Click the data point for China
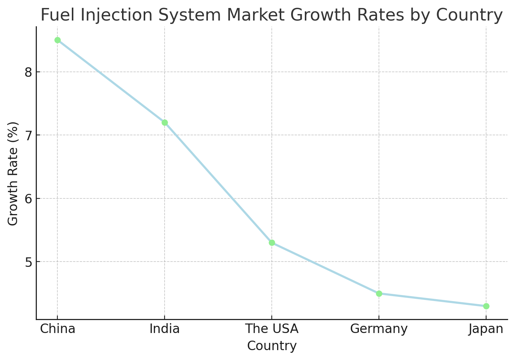[57, 40]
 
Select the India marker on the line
[165, 122]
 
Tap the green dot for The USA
[272, 243]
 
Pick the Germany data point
[379, 293]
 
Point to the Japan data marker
[486, 306]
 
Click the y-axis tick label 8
[29, 72]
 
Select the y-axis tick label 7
[29, 135]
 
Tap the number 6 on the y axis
[29, 198]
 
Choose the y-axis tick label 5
[29, 262]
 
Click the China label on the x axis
[57, 329]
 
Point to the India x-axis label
[165, 329]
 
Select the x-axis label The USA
[272, 329]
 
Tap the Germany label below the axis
[379, 329]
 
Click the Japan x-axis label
[486, 329]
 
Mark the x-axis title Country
[272, 346]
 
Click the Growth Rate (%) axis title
[13, 173]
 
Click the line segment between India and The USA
[218, 182]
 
